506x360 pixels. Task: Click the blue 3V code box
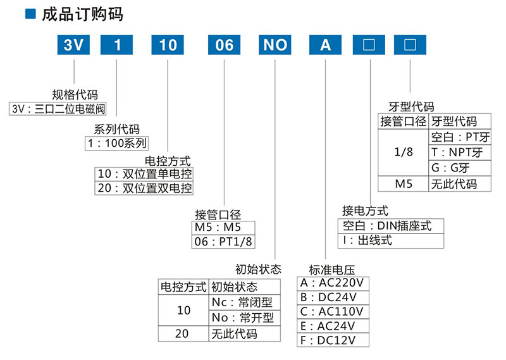click(75, 45)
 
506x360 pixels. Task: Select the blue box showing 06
click(225, 45)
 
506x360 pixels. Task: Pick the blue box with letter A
click(325, 45)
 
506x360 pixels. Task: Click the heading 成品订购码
click(73, 13)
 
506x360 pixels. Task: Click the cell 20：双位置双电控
click(144, 188)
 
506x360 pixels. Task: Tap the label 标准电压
click(330, 268)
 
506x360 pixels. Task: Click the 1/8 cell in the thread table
click(403, 152)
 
